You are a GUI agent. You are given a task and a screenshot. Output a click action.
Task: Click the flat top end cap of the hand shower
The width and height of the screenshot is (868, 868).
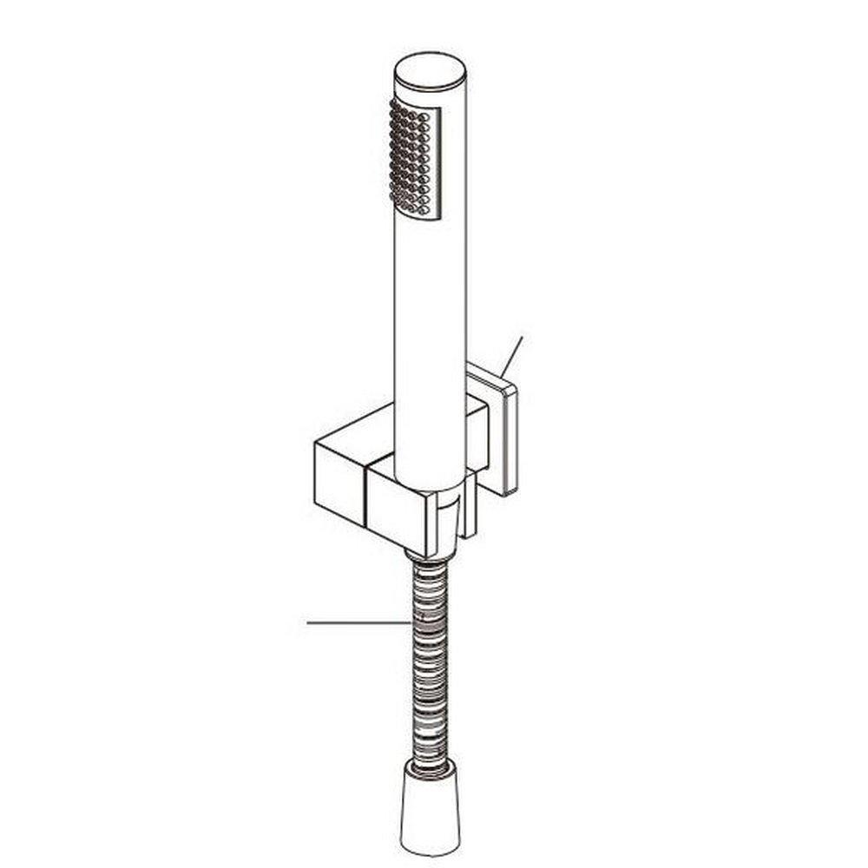[x=431, y=69]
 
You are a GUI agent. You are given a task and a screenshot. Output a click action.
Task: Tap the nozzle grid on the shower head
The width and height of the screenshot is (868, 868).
[x=411, y=157]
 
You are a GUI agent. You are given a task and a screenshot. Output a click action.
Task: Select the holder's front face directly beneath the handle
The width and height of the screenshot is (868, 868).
[x=396, y=512]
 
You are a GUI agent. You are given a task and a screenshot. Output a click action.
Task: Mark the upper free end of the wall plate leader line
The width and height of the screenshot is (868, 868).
[x=523, y=338]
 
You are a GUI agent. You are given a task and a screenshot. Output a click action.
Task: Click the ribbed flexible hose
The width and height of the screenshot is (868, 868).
[x=431, y=660]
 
